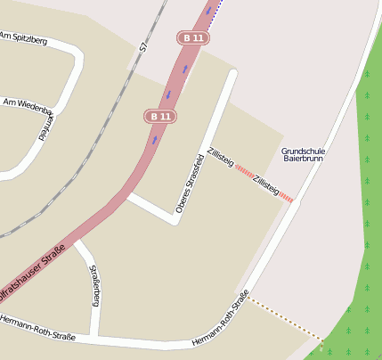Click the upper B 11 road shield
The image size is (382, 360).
click(x=193, y=38)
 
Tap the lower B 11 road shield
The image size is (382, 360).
click(x=160, y=116)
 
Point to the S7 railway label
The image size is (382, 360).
click(x=142, y=47)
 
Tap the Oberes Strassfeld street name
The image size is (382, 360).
click(x=190, y=184)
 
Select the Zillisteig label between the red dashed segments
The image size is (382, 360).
click(x=266, y=185)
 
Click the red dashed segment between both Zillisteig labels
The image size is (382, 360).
click(x=244, y=170)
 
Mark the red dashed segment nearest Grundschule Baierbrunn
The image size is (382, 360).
click(x=286, y=198)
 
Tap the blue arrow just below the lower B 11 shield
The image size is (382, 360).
click(x=154, y=139)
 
